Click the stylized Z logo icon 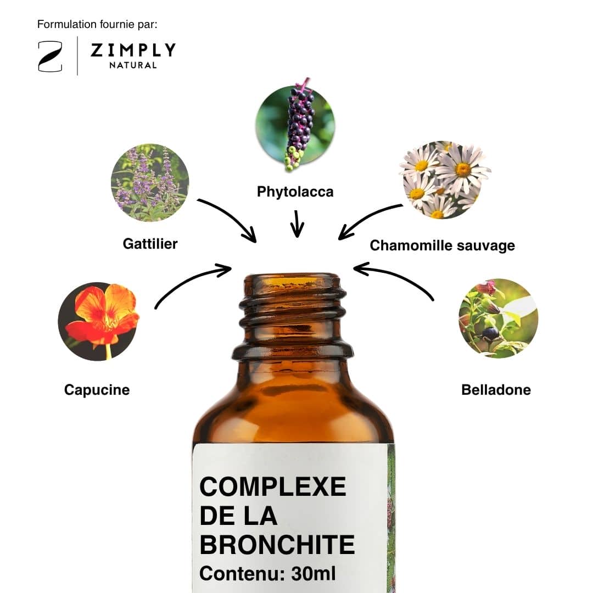50,57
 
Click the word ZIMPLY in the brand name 133,50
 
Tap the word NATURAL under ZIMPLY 133,65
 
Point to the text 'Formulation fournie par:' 97,25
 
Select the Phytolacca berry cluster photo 295,125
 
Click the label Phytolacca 295,192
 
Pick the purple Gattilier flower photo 150,183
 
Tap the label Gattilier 150,244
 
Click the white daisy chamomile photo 444,180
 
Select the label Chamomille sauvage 443,245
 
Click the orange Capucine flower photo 98,321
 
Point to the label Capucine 97,390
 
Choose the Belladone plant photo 499,318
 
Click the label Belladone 496,390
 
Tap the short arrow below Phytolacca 297,224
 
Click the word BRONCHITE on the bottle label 277,545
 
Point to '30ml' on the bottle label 314,574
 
